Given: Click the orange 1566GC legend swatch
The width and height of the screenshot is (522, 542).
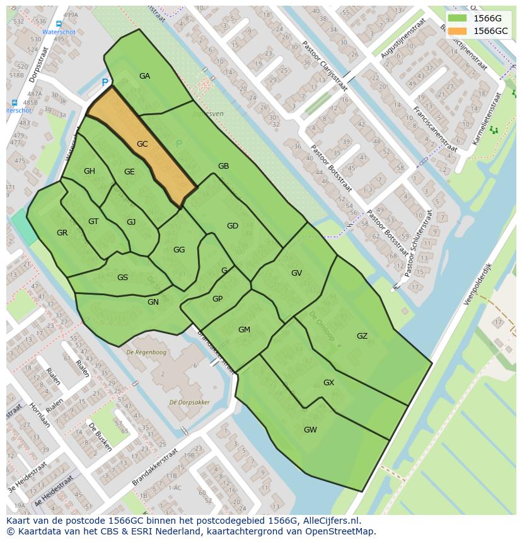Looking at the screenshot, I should pos(458,31).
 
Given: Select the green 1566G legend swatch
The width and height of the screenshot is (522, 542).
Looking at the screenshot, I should pos(458,18).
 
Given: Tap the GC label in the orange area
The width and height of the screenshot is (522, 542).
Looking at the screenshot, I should pos(142,144).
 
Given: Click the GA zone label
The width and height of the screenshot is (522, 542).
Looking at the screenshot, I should pos(144,76).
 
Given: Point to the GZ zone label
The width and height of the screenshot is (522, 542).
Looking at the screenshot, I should pos(362,336).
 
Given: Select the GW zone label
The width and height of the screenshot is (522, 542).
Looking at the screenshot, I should pos(310,430).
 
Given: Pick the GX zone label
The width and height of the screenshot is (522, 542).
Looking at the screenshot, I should pos(328,383).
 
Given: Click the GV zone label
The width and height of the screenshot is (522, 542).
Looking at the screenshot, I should pos(296,273).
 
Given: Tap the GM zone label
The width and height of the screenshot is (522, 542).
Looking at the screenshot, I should pos(244,330).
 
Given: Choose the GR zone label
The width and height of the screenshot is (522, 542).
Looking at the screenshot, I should pos(62,233).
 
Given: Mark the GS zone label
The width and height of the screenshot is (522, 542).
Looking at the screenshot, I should pos(122,278).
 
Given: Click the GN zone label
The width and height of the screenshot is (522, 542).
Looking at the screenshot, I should pos(153,302).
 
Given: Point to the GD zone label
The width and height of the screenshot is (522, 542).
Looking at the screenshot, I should pos(233,226).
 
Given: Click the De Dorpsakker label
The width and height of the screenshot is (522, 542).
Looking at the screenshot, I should pos(189,402).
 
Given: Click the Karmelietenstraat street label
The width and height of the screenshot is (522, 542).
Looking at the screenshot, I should pos(488,115).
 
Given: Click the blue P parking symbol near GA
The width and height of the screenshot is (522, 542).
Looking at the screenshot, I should pos(105,82).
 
